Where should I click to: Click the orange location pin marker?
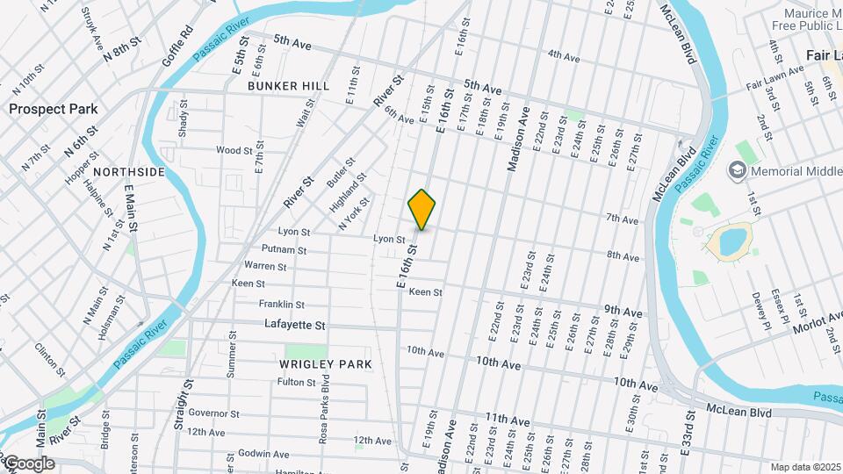[x=422, y=210]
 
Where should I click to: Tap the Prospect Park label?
[x=54, y=109]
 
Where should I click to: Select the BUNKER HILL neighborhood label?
[x=288, y=86]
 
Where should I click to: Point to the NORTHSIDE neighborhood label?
[x=128, y=172]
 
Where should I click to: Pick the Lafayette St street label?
[x=295, y=325]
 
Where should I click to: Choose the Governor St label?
[x=208, y=413]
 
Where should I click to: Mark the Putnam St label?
[x=289, y=250]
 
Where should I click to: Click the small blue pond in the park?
[x=730, y=241]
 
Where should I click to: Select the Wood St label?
[x=234, y=150]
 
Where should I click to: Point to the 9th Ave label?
[x=623, y=312]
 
